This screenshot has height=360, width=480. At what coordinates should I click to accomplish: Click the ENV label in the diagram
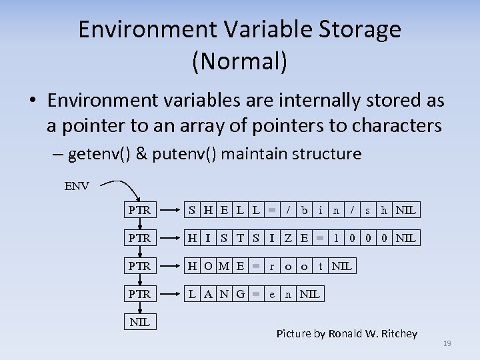click(77, 186)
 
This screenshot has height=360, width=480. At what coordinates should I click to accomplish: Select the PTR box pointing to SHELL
click(139, 210)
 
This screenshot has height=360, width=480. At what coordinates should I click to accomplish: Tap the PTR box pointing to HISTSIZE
click(139, 238)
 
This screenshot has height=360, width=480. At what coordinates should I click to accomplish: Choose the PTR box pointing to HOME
click(139, 266)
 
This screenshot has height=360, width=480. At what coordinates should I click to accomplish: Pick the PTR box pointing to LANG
click(139, 294)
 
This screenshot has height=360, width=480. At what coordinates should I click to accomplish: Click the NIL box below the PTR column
click(139, 322)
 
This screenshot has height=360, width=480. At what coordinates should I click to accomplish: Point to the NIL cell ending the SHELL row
click(405, 210)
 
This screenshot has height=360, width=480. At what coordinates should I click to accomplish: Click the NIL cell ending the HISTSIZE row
click(405, 238)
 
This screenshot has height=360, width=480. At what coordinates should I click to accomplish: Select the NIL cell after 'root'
click(342, 266)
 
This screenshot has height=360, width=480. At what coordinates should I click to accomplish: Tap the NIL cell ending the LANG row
click(310, 294)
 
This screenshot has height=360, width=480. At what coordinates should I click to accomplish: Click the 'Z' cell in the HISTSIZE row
click(288, 238)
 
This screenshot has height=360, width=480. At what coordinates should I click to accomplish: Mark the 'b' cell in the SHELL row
click(304, 210)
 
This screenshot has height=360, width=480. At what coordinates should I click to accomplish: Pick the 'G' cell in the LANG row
click(240, 294)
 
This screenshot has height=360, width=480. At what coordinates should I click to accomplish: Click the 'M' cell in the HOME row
click(224, 266)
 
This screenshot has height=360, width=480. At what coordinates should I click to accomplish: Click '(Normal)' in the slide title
click(240, 61)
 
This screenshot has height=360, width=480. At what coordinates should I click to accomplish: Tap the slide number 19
click(447, 343)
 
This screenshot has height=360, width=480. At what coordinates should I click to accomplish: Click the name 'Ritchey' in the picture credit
click(395, 333)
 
